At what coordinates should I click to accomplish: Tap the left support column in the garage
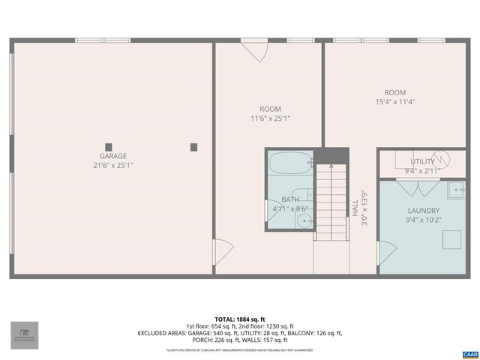coord(109,147)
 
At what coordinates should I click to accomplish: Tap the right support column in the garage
coord(194,147)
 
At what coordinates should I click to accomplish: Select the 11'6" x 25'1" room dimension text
coord(270,118)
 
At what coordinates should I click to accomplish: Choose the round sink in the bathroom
coord(304,220)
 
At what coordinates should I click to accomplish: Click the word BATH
coord(289,199)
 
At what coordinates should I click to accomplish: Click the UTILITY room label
coord(421,161)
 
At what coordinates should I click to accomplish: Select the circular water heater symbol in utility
coord(442,158)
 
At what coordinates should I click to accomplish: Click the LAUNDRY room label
coord(424,211)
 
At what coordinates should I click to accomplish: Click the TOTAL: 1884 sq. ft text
coord(240,318)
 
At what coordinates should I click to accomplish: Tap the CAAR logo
coord(469,353)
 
